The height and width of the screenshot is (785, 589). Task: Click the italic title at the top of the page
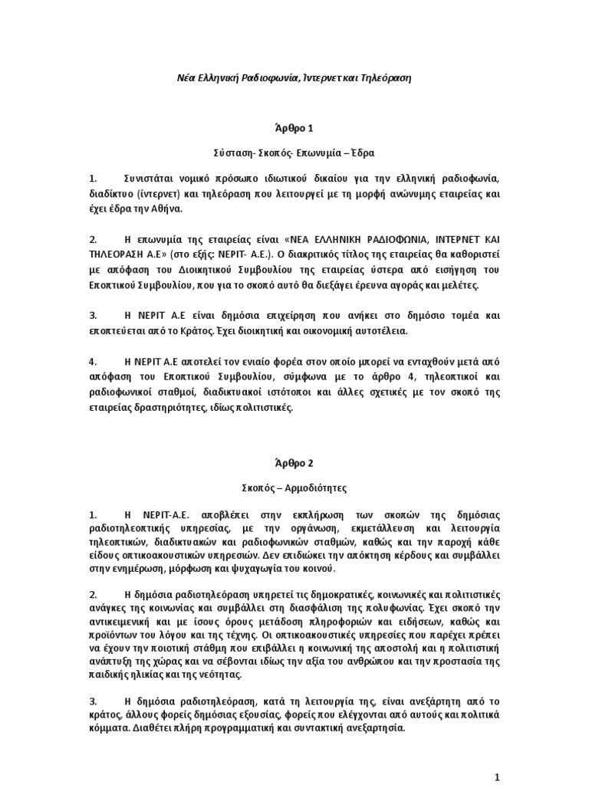294,78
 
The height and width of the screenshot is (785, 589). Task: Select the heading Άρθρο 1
294,129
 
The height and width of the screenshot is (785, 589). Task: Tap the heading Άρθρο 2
294,463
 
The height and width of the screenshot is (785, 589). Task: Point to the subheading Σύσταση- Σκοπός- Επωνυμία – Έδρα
294,153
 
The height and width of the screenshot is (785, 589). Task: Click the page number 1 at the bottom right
498,777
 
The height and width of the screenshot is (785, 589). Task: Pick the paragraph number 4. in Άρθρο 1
93,360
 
